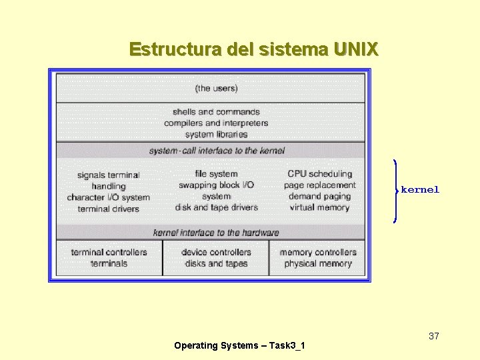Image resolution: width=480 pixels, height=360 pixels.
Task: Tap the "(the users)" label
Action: click(x=216, y=88)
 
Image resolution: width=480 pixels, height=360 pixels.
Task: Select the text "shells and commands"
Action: click(x=216, y=112)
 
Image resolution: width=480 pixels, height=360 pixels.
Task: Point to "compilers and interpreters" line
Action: click(x=216, y=123)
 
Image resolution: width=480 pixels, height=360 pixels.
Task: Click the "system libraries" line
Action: click(x=216, y=134)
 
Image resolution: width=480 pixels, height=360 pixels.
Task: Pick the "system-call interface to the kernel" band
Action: click(x=217, y=151)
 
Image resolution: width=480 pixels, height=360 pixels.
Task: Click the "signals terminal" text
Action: click(x=109, y=175)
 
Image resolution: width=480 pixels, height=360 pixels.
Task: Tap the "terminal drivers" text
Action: click(x=109, y=209)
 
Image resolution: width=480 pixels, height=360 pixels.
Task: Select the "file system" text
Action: click(x=216, y=174)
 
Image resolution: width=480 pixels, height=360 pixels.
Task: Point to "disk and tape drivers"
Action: click(x=216, y=207)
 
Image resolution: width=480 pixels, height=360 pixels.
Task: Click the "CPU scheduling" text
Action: click(x=319, y=174)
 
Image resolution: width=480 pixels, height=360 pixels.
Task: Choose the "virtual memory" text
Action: click(x=319, y=207)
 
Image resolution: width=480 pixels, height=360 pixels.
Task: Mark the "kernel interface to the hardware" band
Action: click(x=216, y=233)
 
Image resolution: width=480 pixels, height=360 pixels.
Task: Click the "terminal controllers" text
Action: click(x=109, y=253)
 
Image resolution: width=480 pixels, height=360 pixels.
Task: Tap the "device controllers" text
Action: click(x=216, y=253)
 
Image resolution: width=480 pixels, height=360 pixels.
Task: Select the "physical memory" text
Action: click(x=318, y=263)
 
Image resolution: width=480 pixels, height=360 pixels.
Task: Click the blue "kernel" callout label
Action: click(x=420, y=190)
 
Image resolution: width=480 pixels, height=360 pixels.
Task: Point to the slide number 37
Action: click(x=434, y=336)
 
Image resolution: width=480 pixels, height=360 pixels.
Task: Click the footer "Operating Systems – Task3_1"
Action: click(x=239, y=345)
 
